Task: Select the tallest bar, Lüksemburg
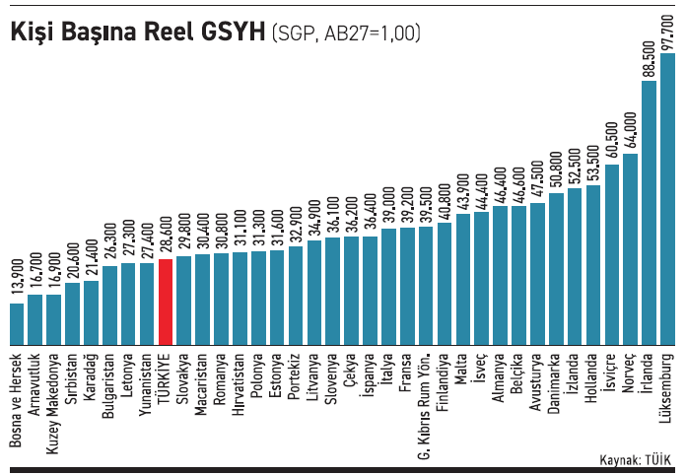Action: pyautogui.click(x=667, y=197)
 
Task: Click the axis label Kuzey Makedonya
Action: pyautogui.click(x=54, y=390)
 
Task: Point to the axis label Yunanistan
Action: pyautogui.click(x=147, y=378)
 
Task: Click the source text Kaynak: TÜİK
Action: pyautogui.click(x=635, y=460)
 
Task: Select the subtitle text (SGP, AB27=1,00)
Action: pyautogui.click(x=346, y=34)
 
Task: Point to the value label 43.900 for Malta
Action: pyautogui.click(x=463, y=189)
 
